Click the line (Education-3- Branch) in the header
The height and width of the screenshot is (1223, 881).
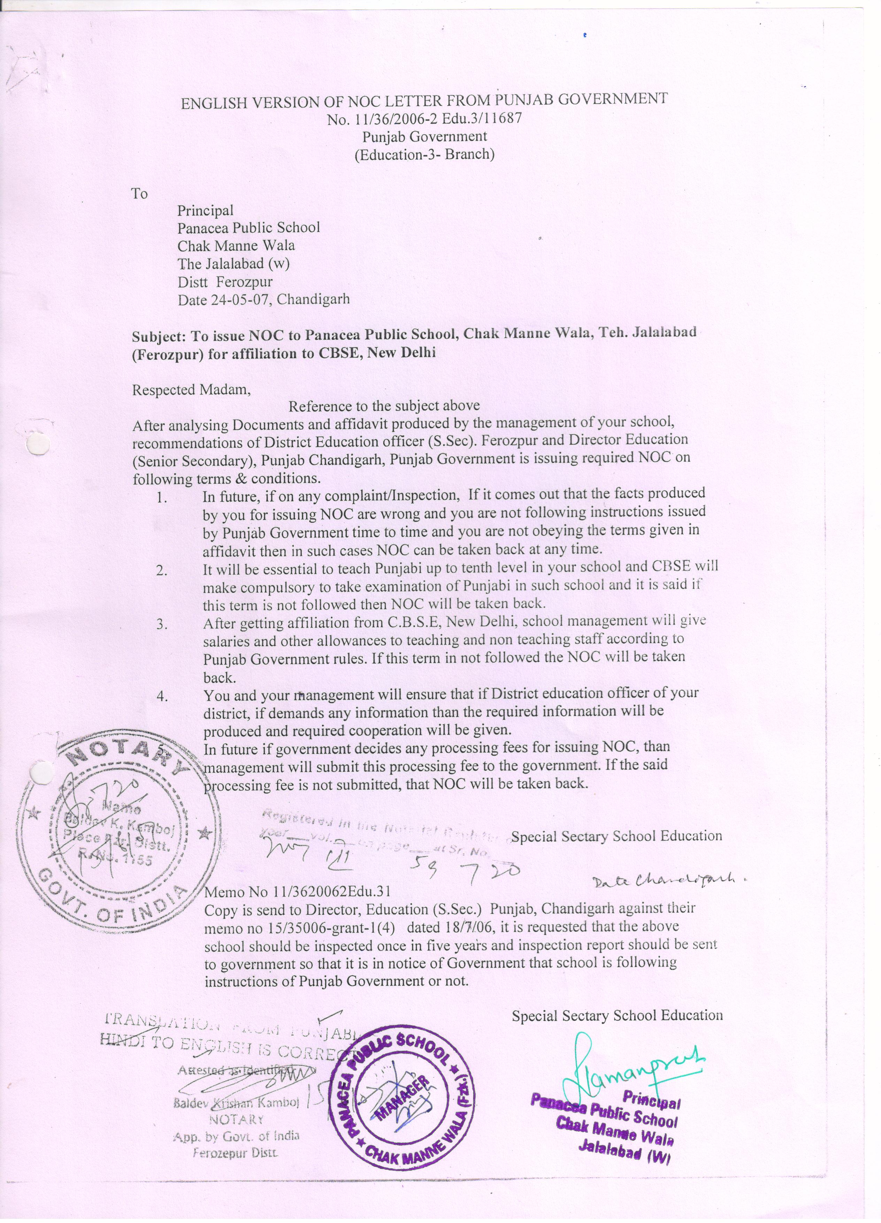tap(424, 155)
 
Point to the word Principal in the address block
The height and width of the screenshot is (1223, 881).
tap(205, 210)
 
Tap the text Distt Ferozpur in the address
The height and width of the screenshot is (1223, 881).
tap(225, 281)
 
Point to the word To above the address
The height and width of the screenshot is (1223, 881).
tap(139, 193)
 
